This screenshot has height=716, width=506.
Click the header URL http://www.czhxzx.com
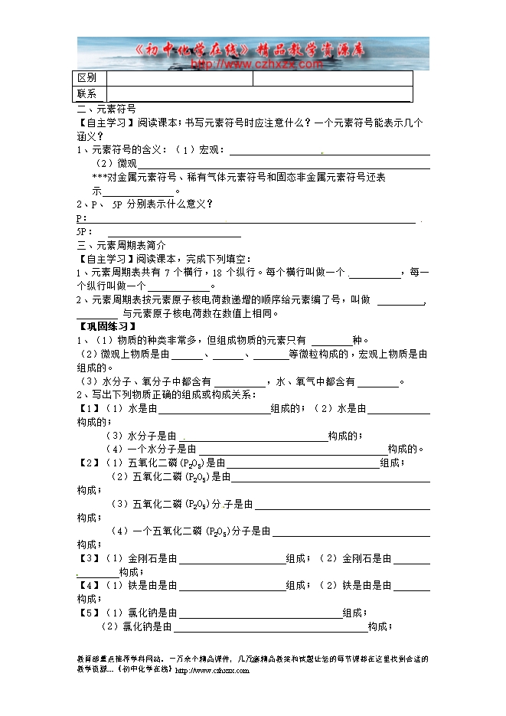256,65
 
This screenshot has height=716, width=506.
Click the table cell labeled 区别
87,79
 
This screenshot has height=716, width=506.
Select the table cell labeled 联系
87,94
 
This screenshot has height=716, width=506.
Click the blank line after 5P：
174,232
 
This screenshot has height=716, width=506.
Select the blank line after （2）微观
282,164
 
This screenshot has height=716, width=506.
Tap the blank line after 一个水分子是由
292,450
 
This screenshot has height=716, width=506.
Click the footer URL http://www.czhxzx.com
213,671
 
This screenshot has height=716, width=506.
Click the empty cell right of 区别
180,79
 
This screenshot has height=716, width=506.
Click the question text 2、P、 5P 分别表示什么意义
145,204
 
